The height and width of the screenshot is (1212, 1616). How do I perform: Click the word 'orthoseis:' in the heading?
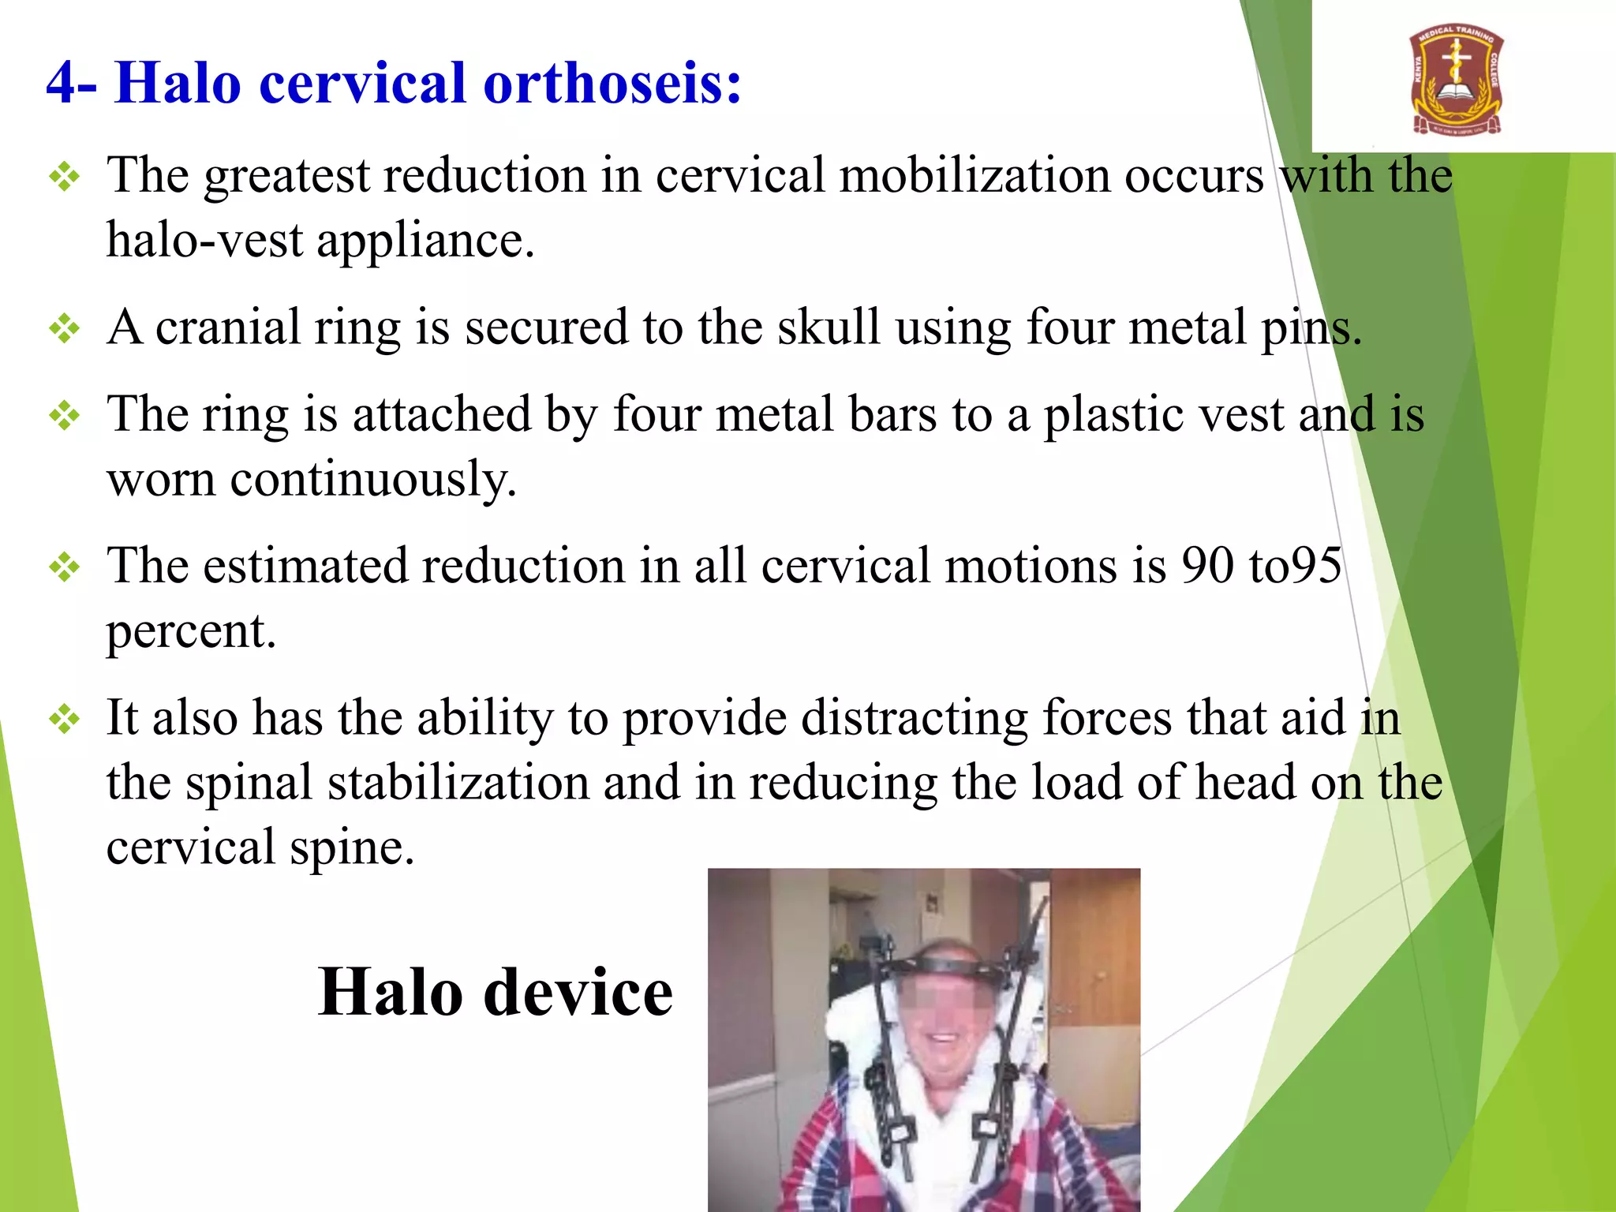pos(612,83)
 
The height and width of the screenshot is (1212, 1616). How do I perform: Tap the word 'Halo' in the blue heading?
pos(178,83)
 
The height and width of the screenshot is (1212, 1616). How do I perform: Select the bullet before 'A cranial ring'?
pos(64,328)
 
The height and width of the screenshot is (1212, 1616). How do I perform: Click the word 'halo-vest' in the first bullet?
pos(204,241)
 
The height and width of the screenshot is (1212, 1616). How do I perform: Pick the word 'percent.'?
pos(191,632)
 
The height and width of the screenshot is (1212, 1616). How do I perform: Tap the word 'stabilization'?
pos(458,783)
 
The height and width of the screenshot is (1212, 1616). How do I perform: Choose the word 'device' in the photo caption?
pos(578,993)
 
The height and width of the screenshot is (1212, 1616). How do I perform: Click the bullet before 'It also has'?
pos(64,720)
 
